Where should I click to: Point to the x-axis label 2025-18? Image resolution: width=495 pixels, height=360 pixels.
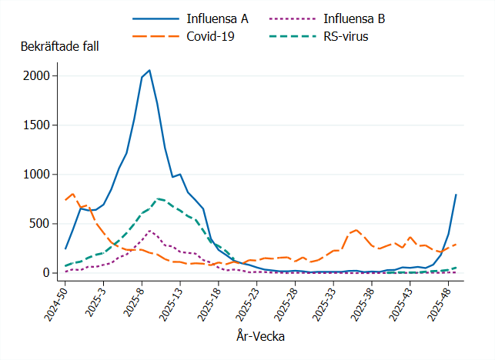[207, 300]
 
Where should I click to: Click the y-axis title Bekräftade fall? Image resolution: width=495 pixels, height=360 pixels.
[59, 46]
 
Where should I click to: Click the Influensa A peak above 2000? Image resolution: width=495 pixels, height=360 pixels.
[149, 70]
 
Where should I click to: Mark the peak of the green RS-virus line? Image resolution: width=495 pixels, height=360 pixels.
[157, 198]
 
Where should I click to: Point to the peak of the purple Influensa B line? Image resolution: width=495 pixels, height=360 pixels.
[149, 230]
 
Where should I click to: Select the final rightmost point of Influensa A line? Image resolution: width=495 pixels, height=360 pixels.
[456, 195]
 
